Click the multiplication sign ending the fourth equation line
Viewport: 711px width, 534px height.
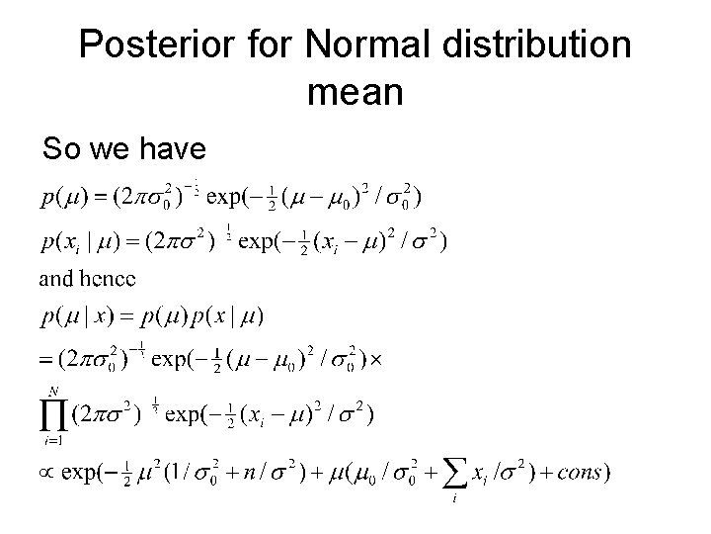pos(374,361)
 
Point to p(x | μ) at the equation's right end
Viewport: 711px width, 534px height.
pos(228,315)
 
